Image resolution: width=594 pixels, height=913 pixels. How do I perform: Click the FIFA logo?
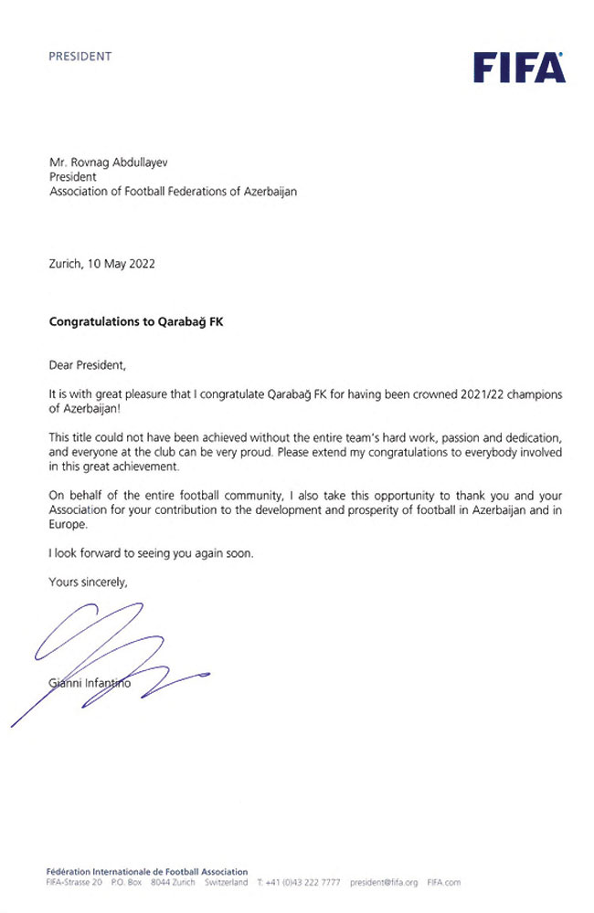519,68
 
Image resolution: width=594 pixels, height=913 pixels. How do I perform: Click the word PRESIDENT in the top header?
80,56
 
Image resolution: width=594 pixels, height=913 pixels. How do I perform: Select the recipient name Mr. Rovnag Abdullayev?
109,162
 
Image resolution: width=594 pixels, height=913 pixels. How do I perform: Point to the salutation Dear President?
88,365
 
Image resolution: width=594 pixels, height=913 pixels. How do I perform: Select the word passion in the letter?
424,437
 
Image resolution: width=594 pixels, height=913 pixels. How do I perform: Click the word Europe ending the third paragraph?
69,527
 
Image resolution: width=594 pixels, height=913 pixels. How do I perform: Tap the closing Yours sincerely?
89,582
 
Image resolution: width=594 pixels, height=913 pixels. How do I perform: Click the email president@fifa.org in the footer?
383,883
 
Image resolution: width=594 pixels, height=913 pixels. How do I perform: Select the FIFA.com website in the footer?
443,883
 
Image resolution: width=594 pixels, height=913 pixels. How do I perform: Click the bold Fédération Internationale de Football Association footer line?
146,872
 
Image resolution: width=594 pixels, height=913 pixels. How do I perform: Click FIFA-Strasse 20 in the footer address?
74,883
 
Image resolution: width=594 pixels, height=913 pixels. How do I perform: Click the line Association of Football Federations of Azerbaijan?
173,191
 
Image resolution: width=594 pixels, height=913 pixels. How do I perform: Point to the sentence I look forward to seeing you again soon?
151,554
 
